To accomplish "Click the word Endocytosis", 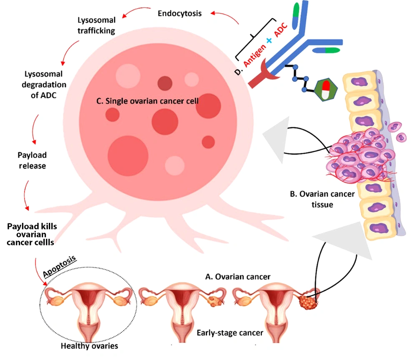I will [180, 13].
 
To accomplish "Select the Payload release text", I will [32, 160].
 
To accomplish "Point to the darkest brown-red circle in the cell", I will [166, 84].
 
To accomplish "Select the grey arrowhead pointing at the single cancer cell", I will [275, 137].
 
